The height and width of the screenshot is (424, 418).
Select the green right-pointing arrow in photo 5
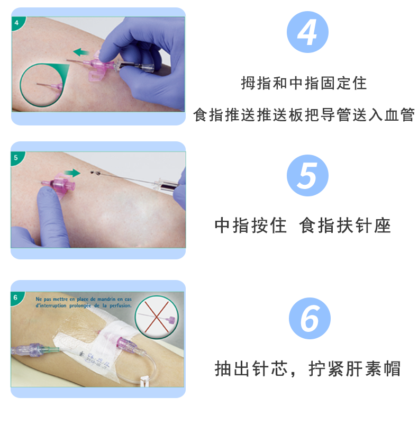click(x=72, y=173)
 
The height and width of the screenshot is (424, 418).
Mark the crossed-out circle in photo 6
click(x=157, y=317)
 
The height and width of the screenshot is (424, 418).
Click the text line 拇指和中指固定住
click(x=304, y=83)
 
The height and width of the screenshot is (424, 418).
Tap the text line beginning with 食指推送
click(x=304, y=115)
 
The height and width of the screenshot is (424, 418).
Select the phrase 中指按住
click(x=250, y=225)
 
